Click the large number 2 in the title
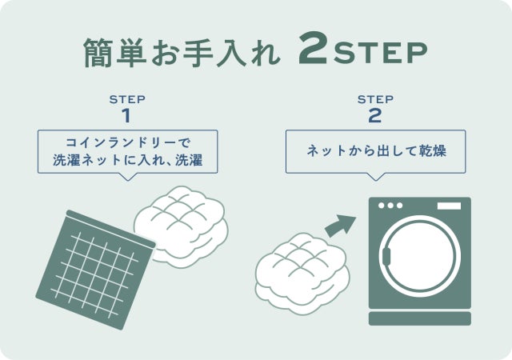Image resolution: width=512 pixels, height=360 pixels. (x=313, y=48)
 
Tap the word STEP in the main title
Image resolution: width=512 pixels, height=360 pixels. (x=380, y=52)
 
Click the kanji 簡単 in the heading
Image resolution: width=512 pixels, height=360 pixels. (x=114, y=52)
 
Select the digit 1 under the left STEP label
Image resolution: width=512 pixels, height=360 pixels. (x=126, y=116)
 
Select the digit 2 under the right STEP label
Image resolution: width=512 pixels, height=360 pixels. (x=375, y=116)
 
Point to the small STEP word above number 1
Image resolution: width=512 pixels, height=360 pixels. (x=127, y=99)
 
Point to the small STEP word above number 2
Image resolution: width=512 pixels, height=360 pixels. (x=375, y=99)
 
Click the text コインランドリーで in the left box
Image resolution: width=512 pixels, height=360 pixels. (x=128, y=142)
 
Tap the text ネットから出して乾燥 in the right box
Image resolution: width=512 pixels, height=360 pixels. (x=376, y=151)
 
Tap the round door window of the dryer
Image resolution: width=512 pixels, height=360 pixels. (x=420, y=255)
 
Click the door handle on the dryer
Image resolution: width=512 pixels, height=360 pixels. (x=386, y=256)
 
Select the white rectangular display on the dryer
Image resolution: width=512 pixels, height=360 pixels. (x=449, y=206)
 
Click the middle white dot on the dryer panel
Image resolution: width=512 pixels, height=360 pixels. (x=390, y=206)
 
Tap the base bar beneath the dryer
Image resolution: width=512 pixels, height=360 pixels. (x=420, y=318)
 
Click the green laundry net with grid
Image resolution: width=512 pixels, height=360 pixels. (x=95, y=270)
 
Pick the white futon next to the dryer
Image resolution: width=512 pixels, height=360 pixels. (x=302, y=274)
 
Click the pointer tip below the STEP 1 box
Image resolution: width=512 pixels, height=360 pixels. (x=128, y=180)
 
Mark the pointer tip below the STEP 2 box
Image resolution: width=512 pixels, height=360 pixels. (x=376, y=180)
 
